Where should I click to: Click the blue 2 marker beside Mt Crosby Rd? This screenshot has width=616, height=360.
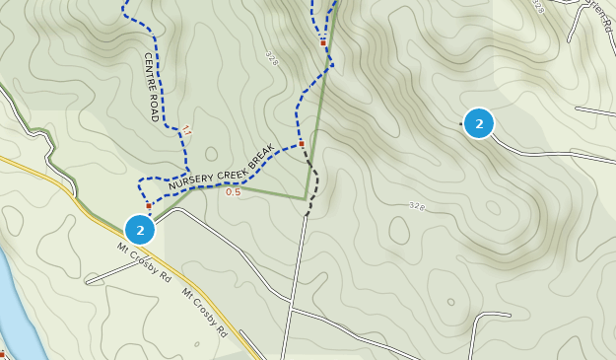[141, 230]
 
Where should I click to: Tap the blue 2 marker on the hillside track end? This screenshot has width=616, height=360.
[479, 123]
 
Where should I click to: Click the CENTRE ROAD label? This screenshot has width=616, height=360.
[152, 87]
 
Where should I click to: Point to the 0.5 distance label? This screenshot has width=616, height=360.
[233, 192]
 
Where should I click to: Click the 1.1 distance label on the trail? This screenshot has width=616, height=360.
[186, 129]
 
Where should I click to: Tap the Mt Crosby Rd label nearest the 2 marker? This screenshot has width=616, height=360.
[145, 263]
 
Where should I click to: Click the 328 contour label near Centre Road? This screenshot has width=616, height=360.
[272, 58]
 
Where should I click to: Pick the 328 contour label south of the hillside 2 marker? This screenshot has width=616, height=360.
[416, 206]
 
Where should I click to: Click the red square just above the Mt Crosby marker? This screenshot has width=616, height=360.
[149, 206]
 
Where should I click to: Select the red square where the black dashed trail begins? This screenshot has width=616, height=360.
[302, 144]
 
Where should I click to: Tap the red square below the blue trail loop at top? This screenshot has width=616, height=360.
[322, 42]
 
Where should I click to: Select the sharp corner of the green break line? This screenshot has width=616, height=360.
[306, 198]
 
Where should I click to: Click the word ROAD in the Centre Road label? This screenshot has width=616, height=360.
[155, 107]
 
